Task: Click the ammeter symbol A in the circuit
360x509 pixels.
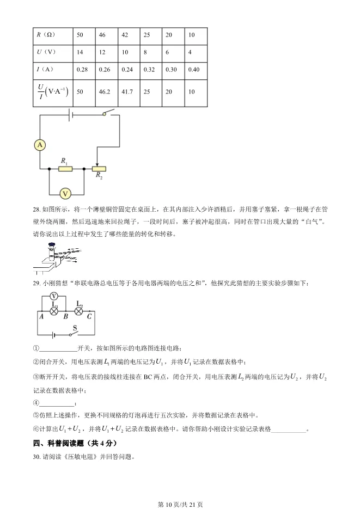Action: point(40,145)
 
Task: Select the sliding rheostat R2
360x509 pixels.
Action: point(99,169)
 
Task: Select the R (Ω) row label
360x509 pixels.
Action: point(47,34)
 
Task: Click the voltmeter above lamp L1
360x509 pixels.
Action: point(54,296)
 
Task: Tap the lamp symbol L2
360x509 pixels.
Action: point(78,311)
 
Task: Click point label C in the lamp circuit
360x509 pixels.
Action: point(89,316)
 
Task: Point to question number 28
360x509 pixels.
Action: point(37,208)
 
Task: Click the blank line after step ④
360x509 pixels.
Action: point(57,403)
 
